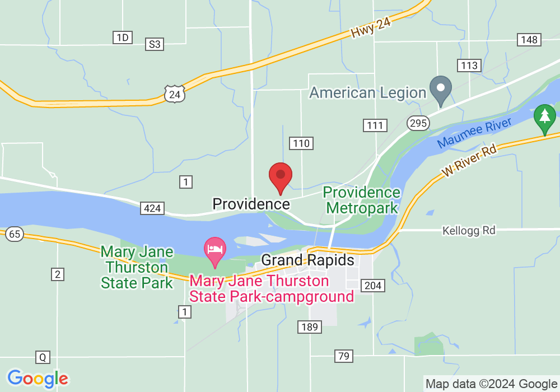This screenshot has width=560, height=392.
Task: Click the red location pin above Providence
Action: tap(281, 177)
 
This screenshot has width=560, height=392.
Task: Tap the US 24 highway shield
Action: tap(175, 94)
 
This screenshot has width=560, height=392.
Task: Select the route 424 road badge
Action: tap(152, 209)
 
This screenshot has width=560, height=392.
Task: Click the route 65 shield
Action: tap(15, 234)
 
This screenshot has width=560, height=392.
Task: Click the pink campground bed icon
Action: tap(214, 250)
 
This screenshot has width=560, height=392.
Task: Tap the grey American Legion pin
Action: tap(441, 90)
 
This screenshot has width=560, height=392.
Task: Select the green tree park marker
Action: tap(544, 118)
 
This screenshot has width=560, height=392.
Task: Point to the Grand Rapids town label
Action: tap(308, 260)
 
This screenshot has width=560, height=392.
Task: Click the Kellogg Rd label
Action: tap(469, 230)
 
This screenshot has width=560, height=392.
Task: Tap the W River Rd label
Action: tap(469, 161)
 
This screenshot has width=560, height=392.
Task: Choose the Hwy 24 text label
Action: tap(371, 26)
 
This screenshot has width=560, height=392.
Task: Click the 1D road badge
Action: tap(122, 38)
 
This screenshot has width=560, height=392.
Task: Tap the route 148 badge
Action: tap(528, 39)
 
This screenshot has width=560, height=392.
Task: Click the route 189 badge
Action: tap(309, 327)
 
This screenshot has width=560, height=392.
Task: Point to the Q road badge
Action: tap(43, 357)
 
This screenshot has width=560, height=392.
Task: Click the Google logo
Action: tap(38, 379)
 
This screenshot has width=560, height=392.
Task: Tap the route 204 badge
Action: tap(372, 286)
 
